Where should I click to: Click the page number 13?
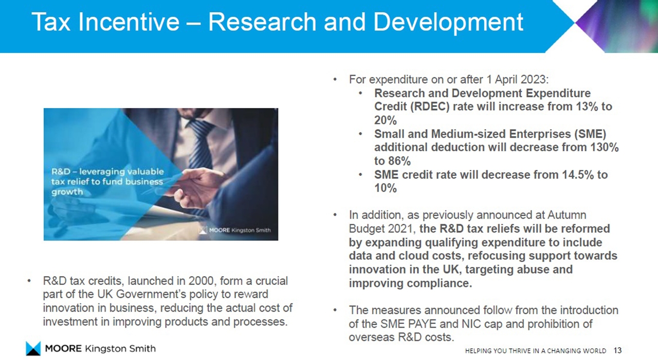pos(618,350)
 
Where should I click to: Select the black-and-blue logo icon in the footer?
pos(33,349)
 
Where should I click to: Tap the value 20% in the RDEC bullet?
pos(386,120)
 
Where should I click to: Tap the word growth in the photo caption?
pos(67,192)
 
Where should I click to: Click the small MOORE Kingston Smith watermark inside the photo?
pos(235,230)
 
